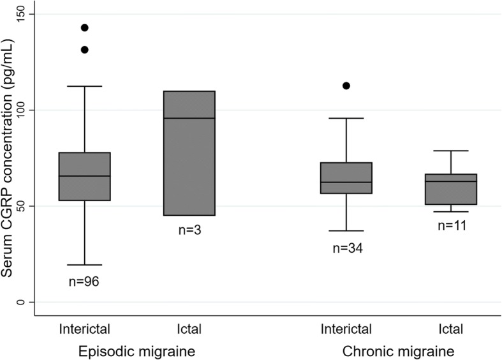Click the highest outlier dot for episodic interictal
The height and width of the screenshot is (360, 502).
click(x=84, y=27)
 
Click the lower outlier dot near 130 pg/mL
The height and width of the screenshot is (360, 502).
click(x=84, y=50)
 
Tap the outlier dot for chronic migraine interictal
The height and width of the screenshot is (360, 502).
click(x=346, y=86)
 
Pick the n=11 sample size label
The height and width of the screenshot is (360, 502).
click(x=451, y=225)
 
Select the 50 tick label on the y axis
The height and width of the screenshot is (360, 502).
click(x=29, y=206)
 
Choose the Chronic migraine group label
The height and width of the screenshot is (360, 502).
click(x=399, y=351)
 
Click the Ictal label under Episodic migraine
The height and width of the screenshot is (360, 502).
click(x=189, y=329)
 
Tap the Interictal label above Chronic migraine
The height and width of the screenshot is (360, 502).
click(x=346, y=329)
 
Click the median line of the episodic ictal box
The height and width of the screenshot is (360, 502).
click(x=189, y=118)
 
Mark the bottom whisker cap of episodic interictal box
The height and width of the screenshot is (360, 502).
click(x=84, y=265)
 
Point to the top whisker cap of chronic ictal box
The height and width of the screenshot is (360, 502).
click(x=451, y=151)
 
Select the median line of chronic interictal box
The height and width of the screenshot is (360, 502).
click(x=346, y=183)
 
